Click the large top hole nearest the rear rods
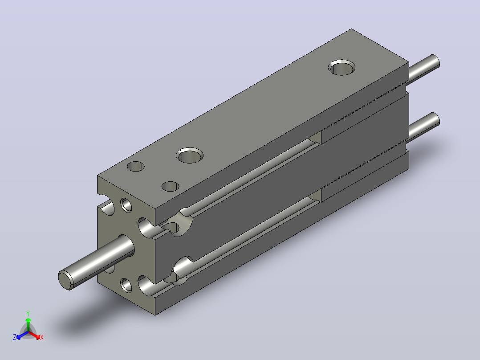[x=342, y=67]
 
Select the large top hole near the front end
[x=190, y=155]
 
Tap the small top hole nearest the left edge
[x=136, y=166]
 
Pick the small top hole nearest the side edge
[x=170, y=186]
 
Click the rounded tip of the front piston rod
[x=66, y=280]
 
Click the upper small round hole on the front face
[x=126, y=205]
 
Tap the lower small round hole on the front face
[x=126, y=285]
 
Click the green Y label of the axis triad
[x=28, y=313]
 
